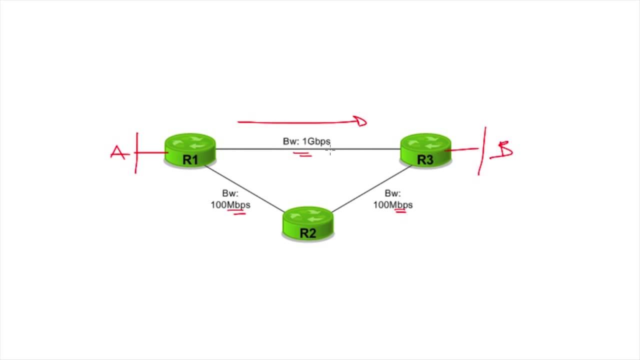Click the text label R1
[x=190, y=160]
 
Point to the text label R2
[x=308, y=233]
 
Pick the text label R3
[x=425, y=160]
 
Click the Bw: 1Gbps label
[x=306, y=141]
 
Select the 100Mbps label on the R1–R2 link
[x=230, y=205]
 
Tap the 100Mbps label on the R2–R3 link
[x=393, y=205]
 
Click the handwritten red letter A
[x=118, y=152]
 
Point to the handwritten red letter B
[x=504, y=150]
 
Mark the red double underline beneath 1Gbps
[x=302, y=155]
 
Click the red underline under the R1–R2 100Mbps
[x=236, y=212]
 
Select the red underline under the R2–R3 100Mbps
[x=400, y=211]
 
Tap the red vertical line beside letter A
[x=136, y=153]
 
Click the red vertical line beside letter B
[x=482, y=151]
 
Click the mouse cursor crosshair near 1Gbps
[x=330, y=149]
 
